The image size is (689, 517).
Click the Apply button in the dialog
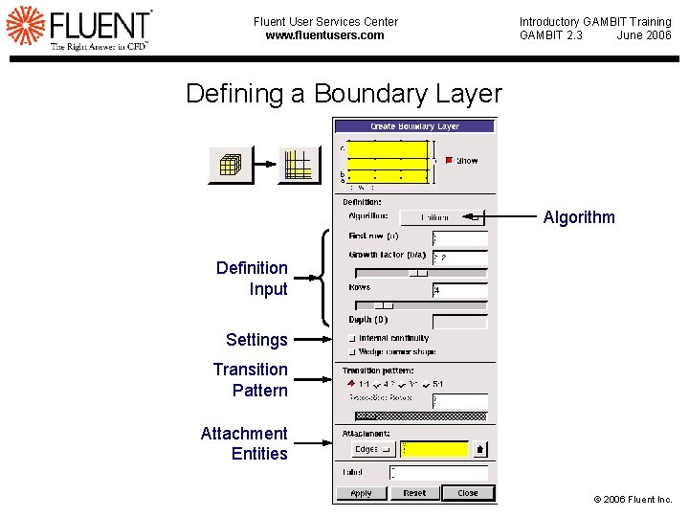361,493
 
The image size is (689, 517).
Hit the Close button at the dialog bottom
467,493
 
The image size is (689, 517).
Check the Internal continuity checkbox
353,338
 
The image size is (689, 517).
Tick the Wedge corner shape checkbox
353,351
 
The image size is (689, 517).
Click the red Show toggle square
449,161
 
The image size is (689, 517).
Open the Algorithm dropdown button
441,217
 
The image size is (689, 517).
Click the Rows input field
459,289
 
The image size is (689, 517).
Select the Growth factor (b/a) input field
459,258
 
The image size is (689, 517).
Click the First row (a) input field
459,238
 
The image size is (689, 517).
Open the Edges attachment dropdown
372,449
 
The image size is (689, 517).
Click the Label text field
439,472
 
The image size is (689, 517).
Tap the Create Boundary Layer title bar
414,126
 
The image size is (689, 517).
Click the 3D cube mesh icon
230,165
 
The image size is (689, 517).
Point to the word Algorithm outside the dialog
579,217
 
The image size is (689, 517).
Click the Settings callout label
256,340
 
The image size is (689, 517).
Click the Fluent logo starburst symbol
26,27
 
